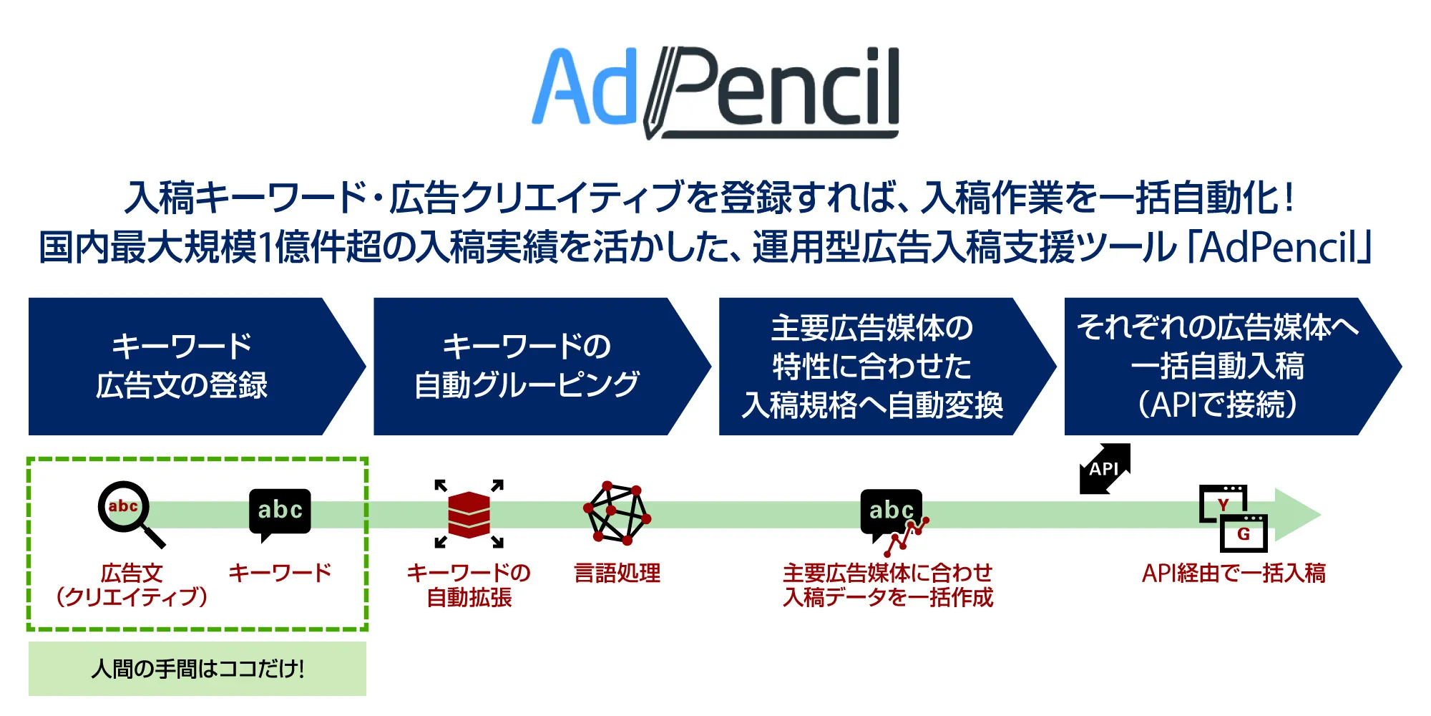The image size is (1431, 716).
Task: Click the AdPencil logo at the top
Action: click(715, 92)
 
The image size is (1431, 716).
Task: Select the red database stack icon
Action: click(469, 513)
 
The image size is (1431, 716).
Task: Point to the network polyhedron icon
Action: click(617, 513)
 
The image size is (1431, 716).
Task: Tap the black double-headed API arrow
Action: click(1105, 469)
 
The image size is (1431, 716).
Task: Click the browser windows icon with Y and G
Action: click(1233, 518)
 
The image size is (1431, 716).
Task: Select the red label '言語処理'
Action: click(617, 573)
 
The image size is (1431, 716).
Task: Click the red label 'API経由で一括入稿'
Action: click(1234, 573)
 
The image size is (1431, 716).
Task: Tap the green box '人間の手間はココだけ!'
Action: click(197, 669)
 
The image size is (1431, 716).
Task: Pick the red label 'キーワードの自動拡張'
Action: click(469, 585)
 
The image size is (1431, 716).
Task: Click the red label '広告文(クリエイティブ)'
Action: click(132, 585)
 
